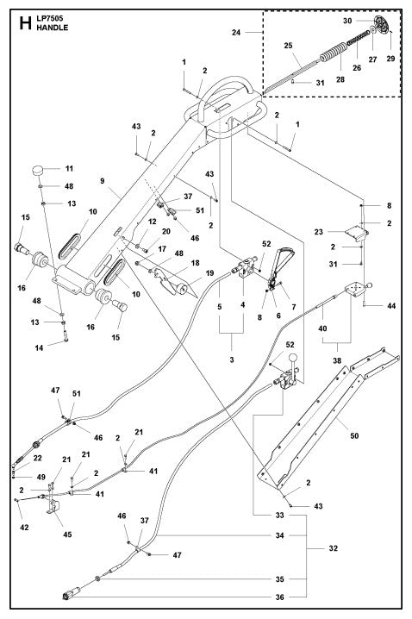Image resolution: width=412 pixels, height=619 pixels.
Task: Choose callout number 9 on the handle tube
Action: click(101, 182)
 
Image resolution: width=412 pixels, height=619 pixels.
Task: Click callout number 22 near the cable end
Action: click(37, 458)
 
